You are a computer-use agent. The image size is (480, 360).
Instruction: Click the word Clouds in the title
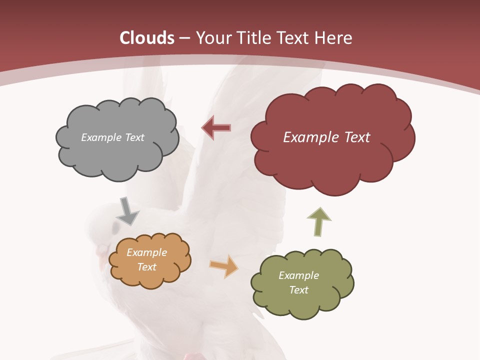146,38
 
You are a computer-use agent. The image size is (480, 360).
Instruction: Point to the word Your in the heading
213,38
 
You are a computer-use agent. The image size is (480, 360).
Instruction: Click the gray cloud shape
117,150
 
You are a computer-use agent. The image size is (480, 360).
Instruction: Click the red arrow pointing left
216,128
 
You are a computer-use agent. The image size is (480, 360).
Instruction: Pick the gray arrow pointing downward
127,211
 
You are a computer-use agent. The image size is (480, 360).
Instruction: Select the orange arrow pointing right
224,266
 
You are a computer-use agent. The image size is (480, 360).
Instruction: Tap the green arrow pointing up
318,221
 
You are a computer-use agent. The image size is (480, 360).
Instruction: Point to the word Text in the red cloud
354,137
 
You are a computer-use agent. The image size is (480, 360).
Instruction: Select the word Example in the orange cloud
146,252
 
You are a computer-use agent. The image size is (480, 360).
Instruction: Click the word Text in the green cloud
298,290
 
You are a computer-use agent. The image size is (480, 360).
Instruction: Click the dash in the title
184,38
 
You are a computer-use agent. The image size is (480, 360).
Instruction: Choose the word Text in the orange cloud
146,267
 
